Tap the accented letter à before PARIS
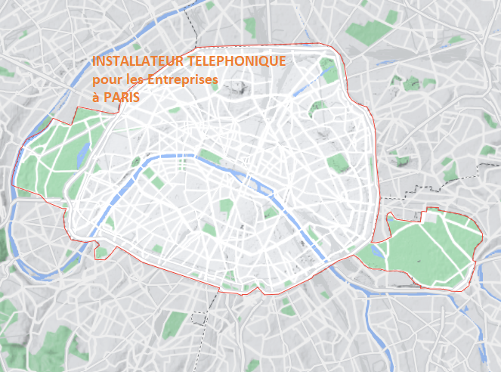coord(96,98)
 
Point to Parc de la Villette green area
coord(327,72)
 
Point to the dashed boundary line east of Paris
coord(423,185)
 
